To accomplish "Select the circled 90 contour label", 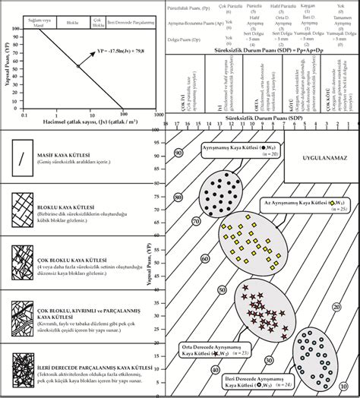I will coord(179,153).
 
